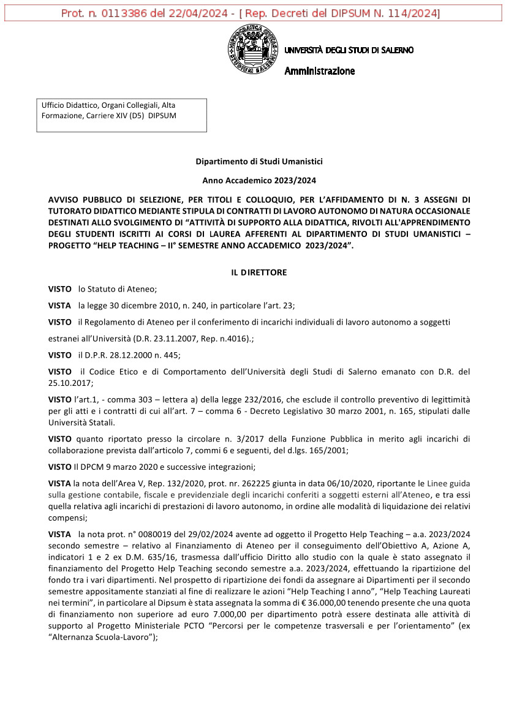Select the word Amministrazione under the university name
pos(319,71)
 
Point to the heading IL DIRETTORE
pos(259,273)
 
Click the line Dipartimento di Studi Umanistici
pos(259,162)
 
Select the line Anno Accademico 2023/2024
pos(259,181)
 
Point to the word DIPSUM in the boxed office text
pos(162,115)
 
